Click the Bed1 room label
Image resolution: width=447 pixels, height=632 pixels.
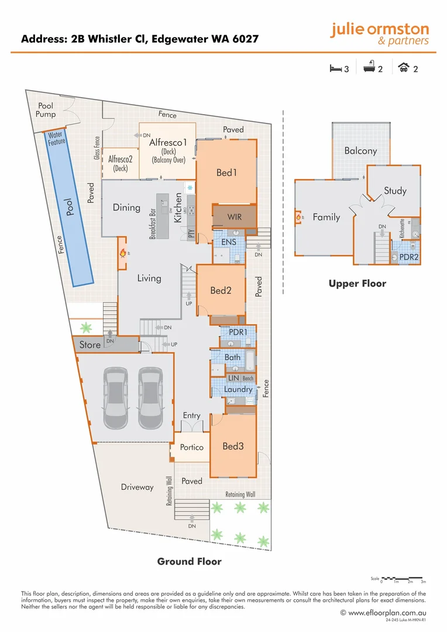point(227,173)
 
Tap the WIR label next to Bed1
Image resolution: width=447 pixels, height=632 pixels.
point(234,217)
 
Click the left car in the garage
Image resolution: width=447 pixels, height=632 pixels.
point(115,399)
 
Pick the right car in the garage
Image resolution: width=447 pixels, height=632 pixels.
point(150,399)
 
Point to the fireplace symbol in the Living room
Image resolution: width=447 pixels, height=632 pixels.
point(123,253)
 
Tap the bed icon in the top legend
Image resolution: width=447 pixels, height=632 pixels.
point(335,68)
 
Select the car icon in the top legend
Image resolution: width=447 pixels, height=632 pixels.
point(403,68)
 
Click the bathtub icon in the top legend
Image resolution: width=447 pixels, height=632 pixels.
point(369,68)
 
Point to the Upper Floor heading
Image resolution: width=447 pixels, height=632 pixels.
point(357,284)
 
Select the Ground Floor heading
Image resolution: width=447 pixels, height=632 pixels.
point(189,561)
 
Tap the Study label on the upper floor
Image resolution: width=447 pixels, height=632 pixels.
point(395,191)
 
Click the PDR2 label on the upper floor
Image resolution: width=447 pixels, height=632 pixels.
point(408,257)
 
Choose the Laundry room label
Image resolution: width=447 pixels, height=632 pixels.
point(238,389)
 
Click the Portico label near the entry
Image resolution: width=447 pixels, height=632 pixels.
point(192,447)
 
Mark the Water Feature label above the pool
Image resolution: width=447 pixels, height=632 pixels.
point(57,139)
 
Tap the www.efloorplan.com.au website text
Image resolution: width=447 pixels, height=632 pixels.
point(386,613)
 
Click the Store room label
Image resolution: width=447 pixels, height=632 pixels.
point(90,345)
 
